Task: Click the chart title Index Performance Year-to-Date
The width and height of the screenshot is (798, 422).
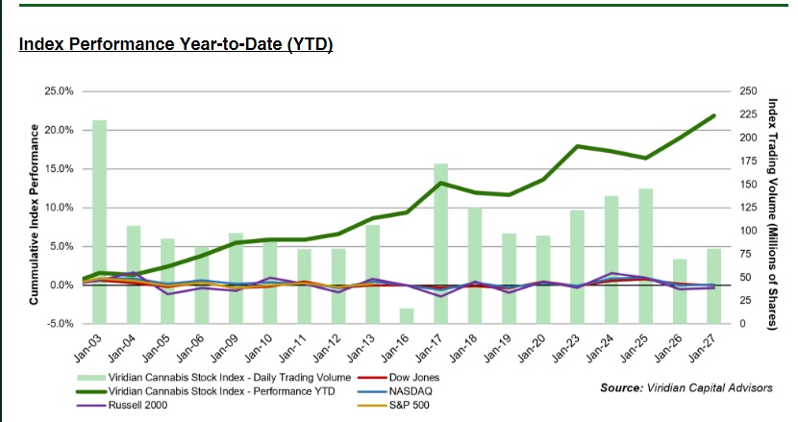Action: (x=176, y=45)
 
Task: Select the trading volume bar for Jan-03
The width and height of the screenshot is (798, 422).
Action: (x=99, y=221)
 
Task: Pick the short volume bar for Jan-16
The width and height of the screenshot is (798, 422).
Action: (x=407, y=315)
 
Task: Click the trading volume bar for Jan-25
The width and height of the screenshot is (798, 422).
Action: (x=646, y=255)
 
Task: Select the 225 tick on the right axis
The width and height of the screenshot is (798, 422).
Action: (x=747, y=114)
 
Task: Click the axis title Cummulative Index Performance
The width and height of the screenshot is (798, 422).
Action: (x=34, y=208)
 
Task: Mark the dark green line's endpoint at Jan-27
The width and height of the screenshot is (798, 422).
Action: (x=714, y=115)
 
